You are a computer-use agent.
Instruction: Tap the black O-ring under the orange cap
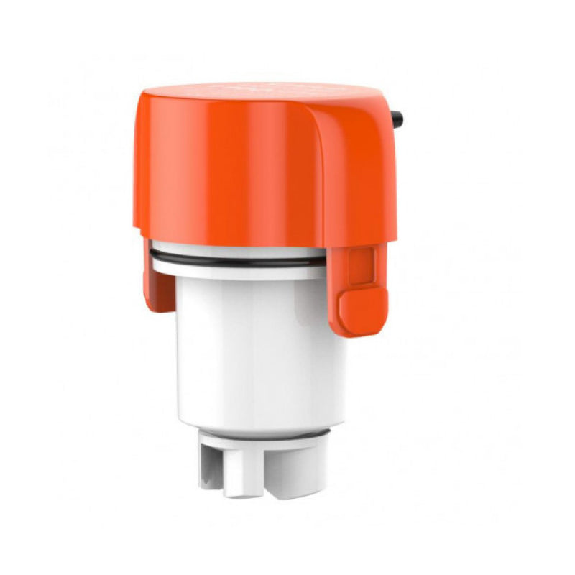point(237,259)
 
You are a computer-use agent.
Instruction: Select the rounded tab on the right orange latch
point(363,310)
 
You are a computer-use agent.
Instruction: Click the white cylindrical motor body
point(259,345)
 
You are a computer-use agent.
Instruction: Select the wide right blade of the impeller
point(295,471)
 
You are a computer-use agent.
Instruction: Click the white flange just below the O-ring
point(237,272)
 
